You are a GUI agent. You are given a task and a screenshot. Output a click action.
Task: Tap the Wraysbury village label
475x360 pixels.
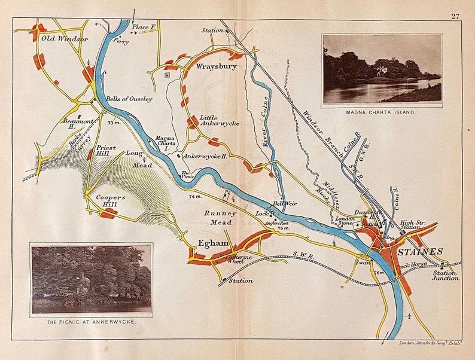click(x=217, y=67)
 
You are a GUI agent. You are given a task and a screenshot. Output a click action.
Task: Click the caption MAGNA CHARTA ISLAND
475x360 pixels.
click(x=382, y=112)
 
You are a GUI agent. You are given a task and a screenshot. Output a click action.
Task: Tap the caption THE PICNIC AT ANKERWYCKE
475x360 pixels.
click(x=91, y=322)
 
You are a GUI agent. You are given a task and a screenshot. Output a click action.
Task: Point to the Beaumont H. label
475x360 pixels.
click(x=77, y=123)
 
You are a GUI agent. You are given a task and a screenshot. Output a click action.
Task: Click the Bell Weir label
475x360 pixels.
click(x=285, y=203)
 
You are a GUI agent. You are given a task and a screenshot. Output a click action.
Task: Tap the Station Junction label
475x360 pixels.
click(x=446, y=275)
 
